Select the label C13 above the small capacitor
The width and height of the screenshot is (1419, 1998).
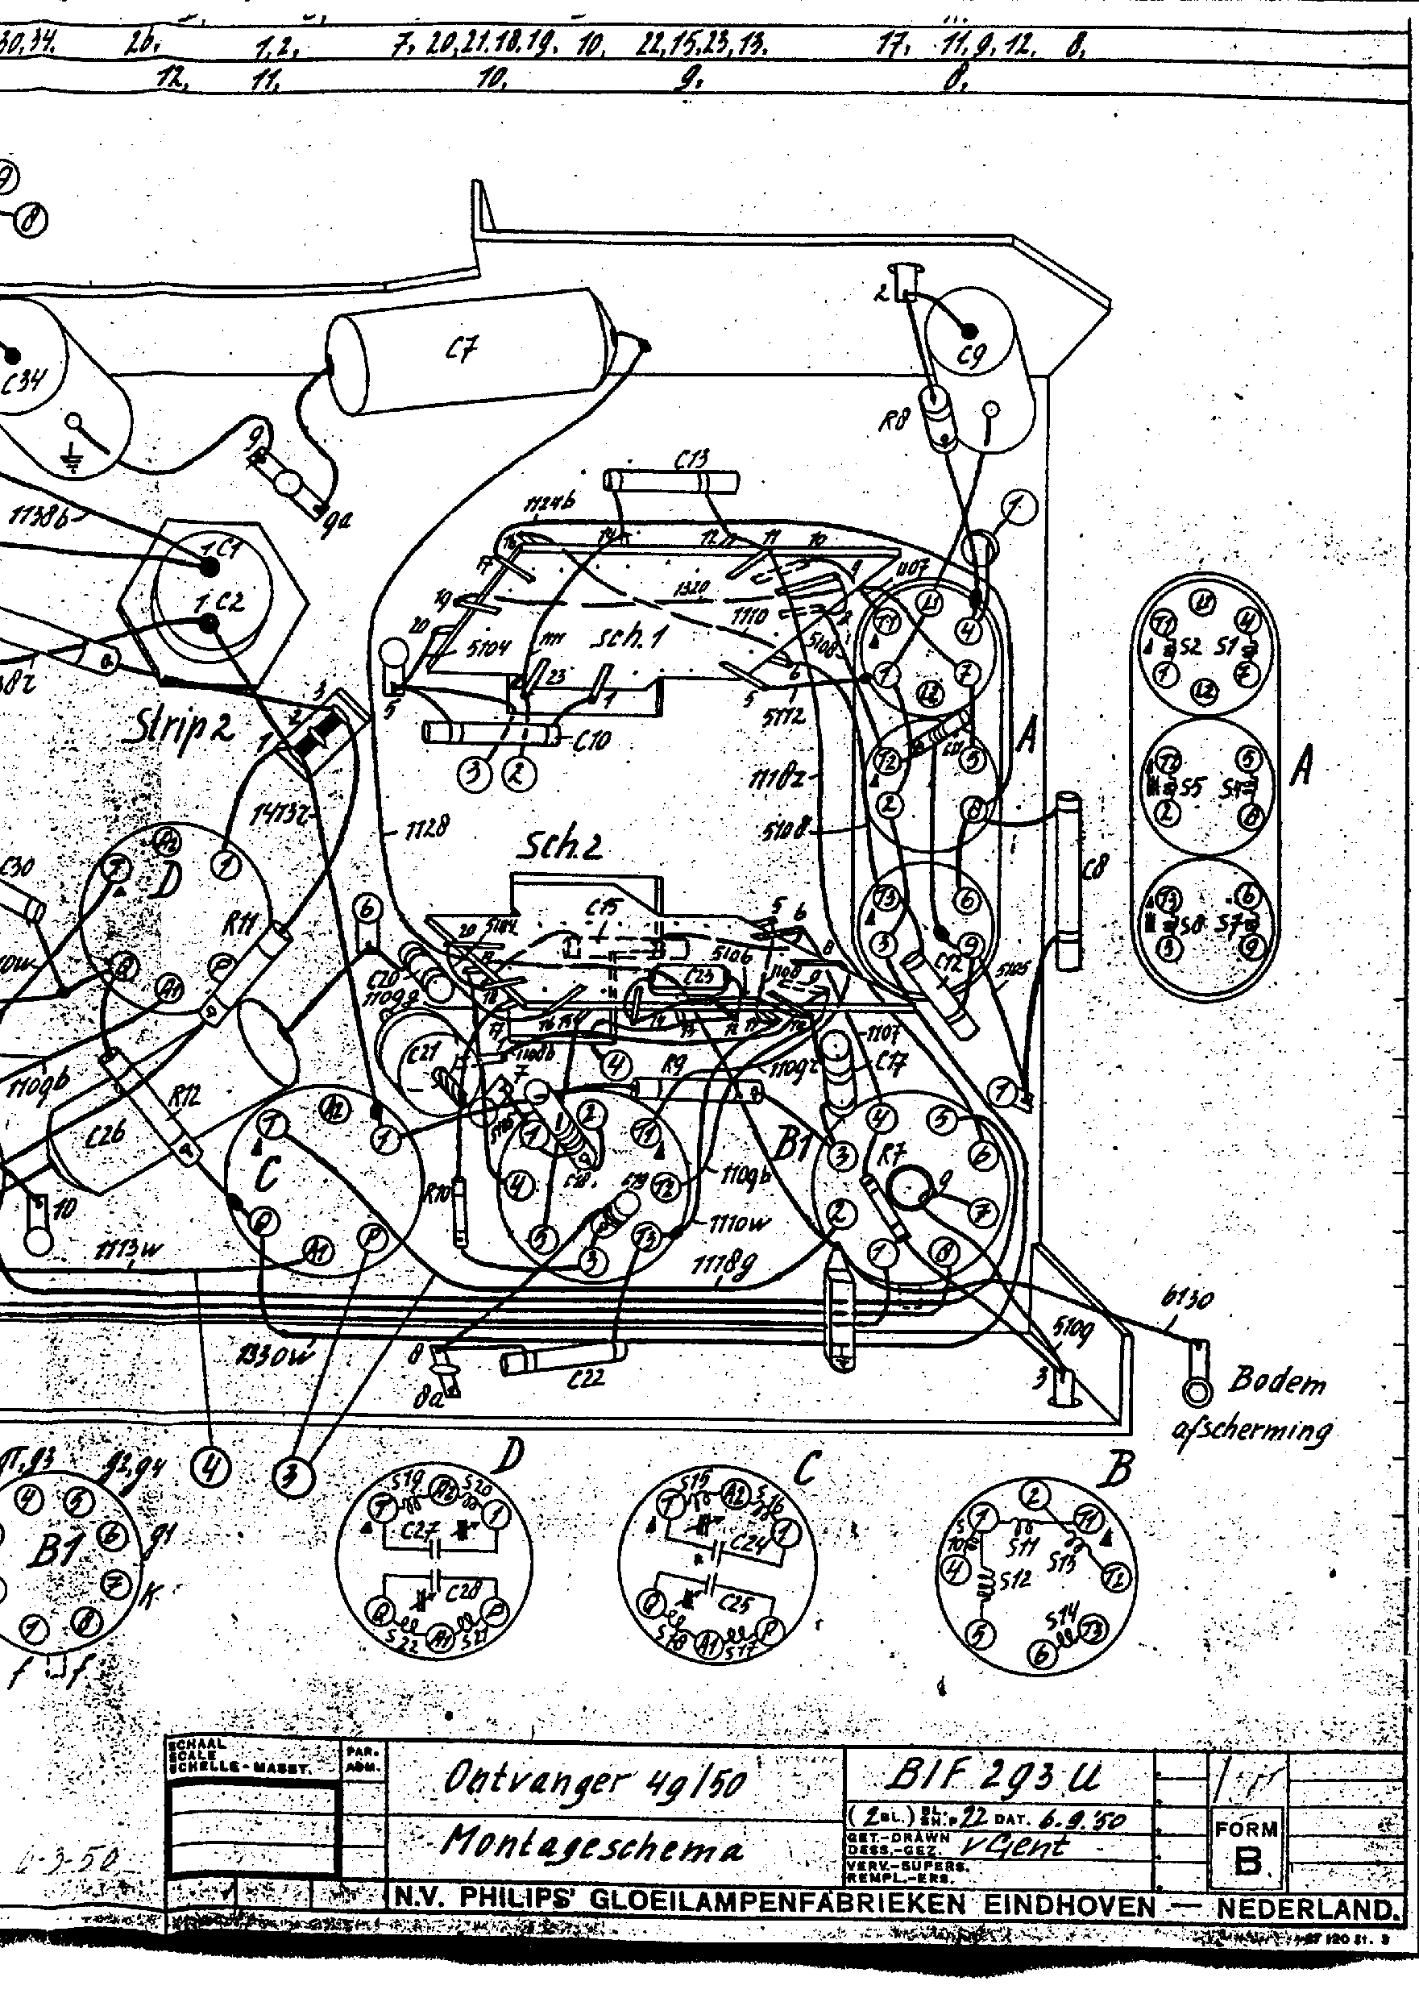pyautogui.click(x=692, y=459)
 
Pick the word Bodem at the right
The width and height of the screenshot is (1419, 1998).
pyautogui.click(x=1276, y=1381)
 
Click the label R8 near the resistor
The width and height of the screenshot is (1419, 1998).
pyautogui.click(x=894, y=422)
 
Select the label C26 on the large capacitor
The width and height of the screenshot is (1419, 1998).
pyautogui.click(x=106, y=1134)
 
